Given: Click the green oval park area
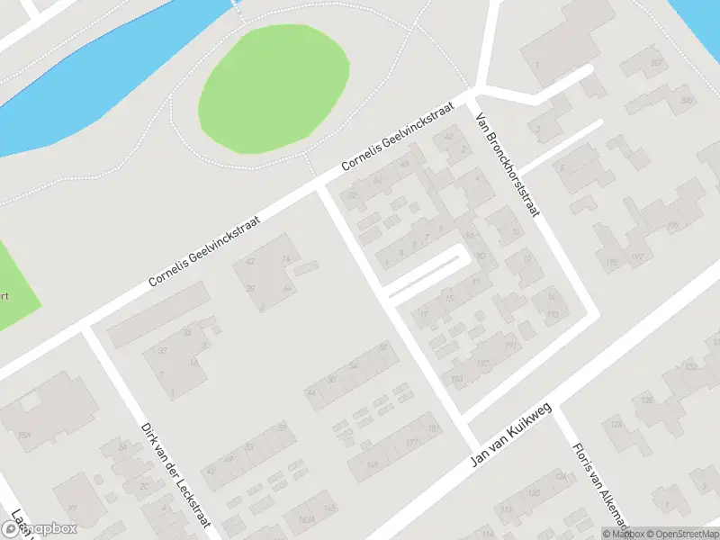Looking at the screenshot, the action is pos(274,87).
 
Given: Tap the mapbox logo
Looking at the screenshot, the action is pos(38,529).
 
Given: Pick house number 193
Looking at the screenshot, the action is pos(552,315).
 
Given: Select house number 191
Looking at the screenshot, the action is pos(511,344).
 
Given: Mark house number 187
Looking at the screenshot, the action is pos(481,364).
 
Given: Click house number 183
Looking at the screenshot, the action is pos(456,378).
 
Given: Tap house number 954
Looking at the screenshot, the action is pos(23,436).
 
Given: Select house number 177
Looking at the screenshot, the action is pos(412,443).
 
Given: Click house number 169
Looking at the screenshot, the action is pos(372,465).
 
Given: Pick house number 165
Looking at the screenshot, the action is pos(329,509).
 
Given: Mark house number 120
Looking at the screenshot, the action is pos(534,492).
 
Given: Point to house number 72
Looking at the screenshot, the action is pos(352,195).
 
